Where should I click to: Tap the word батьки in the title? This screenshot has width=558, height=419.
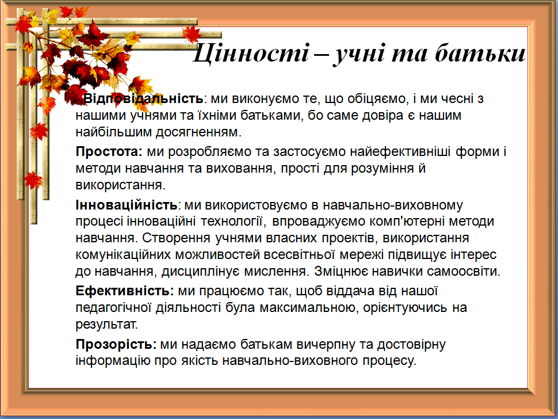(x=480, y=53)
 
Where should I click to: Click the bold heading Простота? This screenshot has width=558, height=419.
(x=109, y=151)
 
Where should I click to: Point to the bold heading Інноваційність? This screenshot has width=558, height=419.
(x=127, y=205)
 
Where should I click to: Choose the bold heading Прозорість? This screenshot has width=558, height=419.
(x=116, y=344)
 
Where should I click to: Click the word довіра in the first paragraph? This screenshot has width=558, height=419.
(x=382, y=115)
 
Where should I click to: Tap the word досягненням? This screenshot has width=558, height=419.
(x=198, y=132)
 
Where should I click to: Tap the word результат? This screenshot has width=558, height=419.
(x=106, y=325)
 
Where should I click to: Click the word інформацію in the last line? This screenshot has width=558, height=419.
(x=113, y=361)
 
